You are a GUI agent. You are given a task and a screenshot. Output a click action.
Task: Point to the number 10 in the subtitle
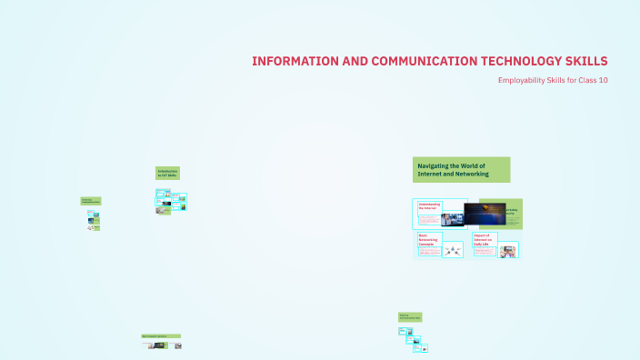[602, 81]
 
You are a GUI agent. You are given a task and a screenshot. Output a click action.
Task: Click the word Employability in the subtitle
[523, 81]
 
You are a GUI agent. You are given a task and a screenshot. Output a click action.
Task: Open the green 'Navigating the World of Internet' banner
[461, 169]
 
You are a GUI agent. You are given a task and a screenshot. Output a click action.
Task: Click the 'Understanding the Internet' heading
[429, 206]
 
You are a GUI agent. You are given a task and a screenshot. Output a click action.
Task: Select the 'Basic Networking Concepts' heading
[428, 239]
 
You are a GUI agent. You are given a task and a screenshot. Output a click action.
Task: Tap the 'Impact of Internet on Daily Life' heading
[485, 239]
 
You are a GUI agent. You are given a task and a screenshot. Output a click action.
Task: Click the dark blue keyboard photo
[485, 214]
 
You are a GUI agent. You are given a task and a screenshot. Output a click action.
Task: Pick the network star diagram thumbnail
[453, 250]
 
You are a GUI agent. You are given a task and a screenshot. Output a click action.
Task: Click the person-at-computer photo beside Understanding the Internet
[453, 219]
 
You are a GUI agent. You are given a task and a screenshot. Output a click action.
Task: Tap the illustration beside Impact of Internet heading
[507, 251]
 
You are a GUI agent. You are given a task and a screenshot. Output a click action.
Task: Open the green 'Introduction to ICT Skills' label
[167, 172]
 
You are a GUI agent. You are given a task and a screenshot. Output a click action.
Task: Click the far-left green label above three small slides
[90, 201]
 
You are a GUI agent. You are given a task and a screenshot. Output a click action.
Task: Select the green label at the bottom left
[160, 335]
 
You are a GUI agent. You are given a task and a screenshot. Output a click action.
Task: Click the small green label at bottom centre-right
[409, 316]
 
